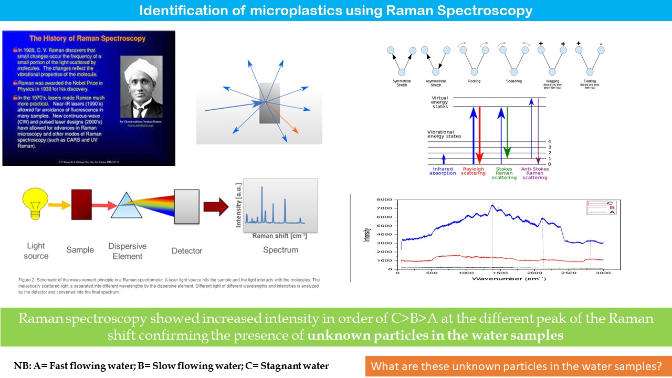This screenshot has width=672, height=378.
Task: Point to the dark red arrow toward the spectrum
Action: [216, 205]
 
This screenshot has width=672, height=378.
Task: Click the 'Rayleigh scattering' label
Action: [474, 171]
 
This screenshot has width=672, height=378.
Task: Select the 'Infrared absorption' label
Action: [443, 171]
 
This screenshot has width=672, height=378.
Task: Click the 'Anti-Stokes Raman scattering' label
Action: [534, 173]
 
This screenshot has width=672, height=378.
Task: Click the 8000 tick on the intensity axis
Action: [387, 200]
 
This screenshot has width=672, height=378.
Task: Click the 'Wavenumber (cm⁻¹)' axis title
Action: [508, 278]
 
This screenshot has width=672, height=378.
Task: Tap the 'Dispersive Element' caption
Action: [128, 251]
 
